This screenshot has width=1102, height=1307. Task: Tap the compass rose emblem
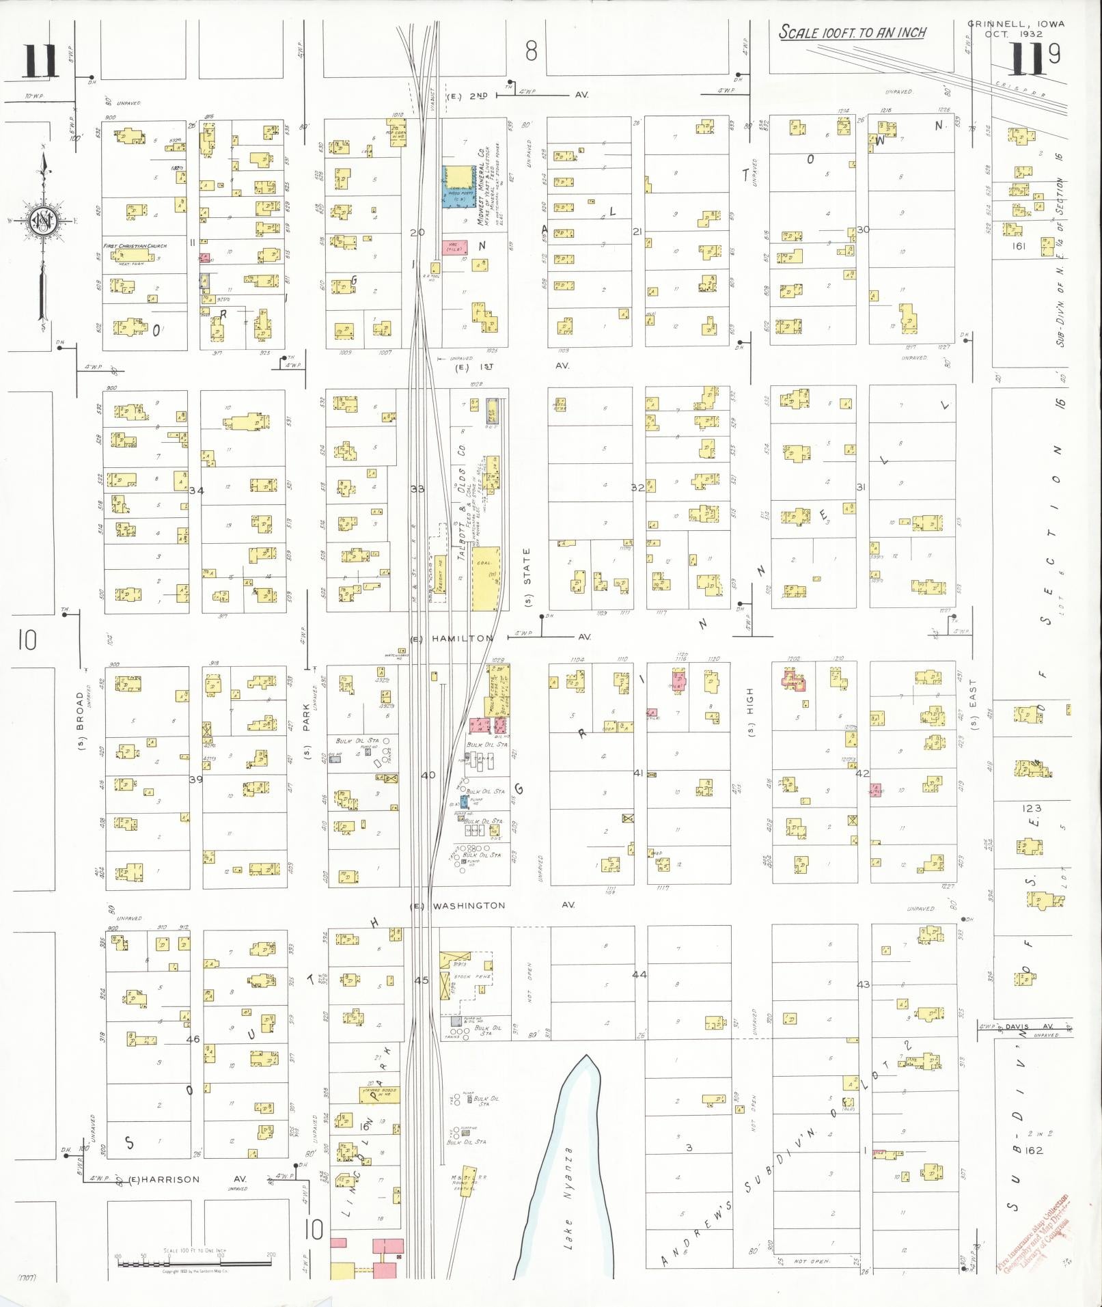pyautogui.click(x=43, y=222)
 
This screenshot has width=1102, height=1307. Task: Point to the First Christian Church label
pyautogui.click(x=135, y=246)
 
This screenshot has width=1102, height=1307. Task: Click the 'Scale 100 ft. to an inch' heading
pyautogui.click(x=853, y=33)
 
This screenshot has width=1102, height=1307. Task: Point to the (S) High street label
pyautogui.click(x=752, y=720)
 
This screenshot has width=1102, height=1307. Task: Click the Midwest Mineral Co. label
pyautogui.click(x=481, y=184)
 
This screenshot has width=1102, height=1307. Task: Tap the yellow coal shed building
pyautogui.click(x=486, y=577)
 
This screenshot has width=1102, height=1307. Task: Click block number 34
pyautogui.click(x=197, y=490)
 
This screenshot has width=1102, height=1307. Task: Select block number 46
pyautogui.click(x=193, y=1038)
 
